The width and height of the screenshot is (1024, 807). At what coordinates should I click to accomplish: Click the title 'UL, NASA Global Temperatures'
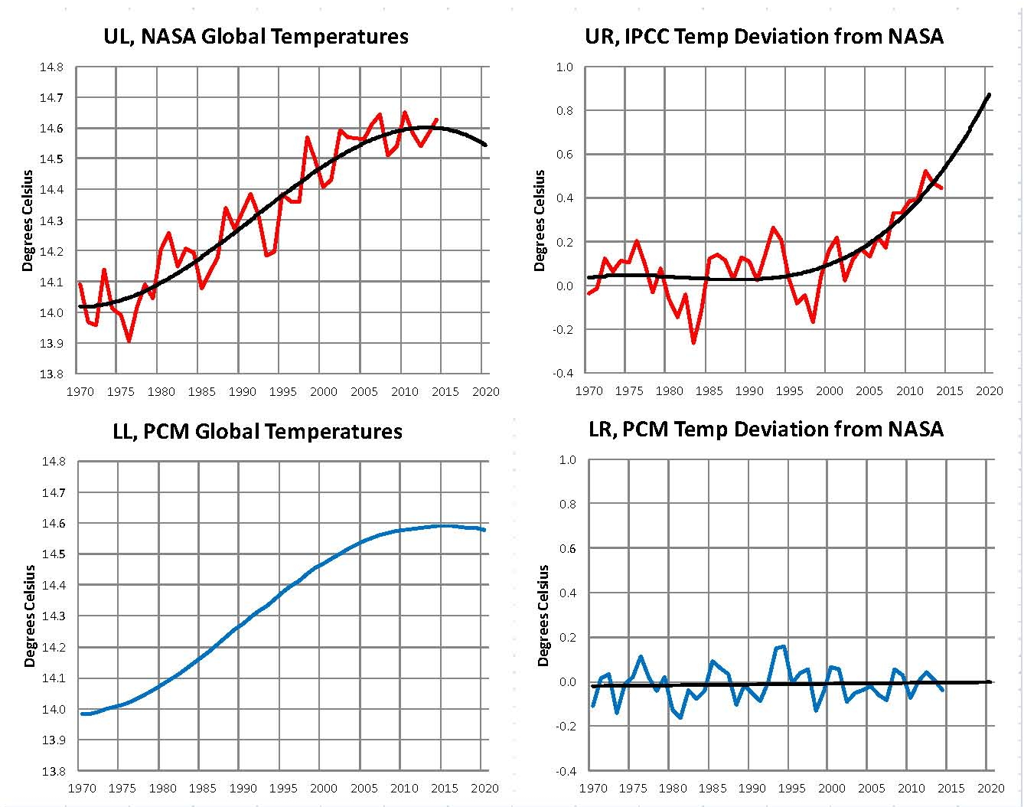point(256,36)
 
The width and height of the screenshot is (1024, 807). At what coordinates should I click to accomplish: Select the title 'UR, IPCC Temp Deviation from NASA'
point(764,36)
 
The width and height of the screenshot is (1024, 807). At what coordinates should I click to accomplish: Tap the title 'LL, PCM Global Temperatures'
point(257,431)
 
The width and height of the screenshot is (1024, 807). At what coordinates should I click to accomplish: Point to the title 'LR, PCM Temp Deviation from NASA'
point(766,429)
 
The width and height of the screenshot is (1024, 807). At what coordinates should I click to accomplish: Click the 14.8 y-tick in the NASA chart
point(52,67)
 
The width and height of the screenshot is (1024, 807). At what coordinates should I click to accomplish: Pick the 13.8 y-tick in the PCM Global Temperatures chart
point(53,771)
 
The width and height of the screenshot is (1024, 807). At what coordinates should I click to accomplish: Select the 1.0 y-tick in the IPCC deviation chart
point(564,67)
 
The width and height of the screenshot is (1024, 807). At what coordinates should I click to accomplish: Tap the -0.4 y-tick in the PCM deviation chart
point(566,771)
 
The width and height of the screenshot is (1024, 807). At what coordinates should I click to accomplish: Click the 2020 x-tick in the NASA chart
point(485,391)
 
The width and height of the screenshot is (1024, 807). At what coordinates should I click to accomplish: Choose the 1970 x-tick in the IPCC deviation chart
point(589,390)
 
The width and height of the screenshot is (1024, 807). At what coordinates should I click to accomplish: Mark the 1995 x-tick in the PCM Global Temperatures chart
point(283,788)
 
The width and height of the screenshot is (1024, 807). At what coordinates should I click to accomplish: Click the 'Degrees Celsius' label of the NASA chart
point(28,221)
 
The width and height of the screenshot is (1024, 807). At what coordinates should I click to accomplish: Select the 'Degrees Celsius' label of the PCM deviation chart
point(543,616)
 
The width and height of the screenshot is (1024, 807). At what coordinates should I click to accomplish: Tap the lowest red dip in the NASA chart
point(129,341)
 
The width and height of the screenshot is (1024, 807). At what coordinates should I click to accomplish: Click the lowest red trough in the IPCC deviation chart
point(693,342)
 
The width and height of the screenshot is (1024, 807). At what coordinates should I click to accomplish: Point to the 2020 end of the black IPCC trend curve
point(990,94)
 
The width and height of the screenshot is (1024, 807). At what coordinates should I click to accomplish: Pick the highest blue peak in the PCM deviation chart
point(784,646)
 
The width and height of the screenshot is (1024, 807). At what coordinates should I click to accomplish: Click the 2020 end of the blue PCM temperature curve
point(484,530)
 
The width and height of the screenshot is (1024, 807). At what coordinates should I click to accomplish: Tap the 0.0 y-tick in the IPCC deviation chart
point(564,286)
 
